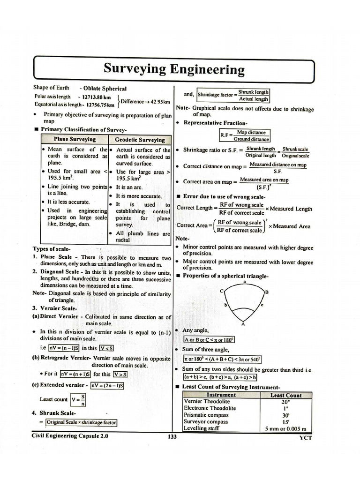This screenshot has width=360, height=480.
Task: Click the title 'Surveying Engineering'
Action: [174, 70]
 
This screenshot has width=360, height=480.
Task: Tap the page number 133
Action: [172, 437]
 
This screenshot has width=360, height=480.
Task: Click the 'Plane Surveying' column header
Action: [75, 140]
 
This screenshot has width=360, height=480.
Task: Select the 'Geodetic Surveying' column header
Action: [140, 140]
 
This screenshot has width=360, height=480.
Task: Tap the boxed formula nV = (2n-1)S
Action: [107, 385]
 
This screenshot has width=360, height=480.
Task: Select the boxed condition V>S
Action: [120, 374]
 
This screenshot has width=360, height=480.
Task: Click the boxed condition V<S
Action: [107, 348]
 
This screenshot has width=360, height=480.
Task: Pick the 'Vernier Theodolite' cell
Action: [207, 401]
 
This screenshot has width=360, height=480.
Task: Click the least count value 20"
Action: [285, 402]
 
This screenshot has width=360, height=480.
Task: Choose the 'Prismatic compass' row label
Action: [206, 414]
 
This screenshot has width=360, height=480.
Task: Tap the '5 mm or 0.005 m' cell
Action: [285, 428]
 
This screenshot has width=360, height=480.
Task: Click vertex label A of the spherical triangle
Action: [242, 323]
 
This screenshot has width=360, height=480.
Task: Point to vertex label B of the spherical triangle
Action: [267, 292]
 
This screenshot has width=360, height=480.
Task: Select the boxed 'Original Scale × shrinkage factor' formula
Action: [82, 422]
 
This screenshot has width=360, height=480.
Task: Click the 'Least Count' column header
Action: [285, 395]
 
